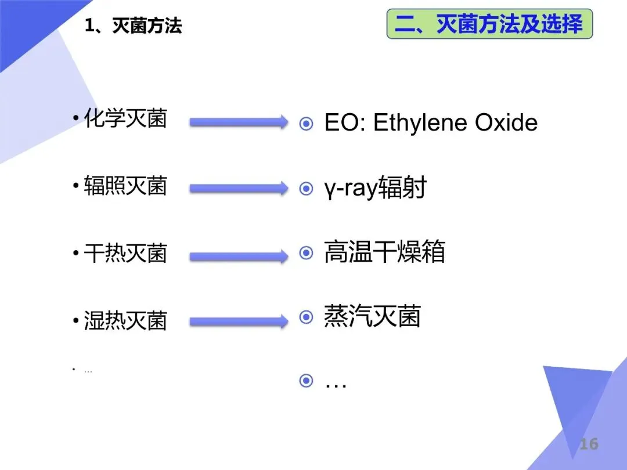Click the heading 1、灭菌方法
[133, 26]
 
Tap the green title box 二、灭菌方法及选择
[489, 24]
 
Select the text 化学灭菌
[125, 119]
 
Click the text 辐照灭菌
[125, 186]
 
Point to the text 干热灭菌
[125, 254]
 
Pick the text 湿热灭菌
[125, 321]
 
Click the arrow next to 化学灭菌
[238, 122]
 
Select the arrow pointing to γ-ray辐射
[238, 189]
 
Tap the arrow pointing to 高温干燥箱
[238, 255]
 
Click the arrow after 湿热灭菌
[238, 321]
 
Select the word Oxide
[506, 122]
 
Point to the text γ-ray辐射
[375, 188]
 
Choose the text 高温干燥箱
[384, 253]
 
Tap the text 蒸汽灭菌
[372, 317]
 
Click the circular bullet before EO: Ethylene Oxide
[306, 124]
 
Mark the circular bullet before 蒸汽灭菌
[306, 317]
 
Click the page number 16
[588, 444]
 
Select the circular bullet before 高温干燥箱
[306, 253]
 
